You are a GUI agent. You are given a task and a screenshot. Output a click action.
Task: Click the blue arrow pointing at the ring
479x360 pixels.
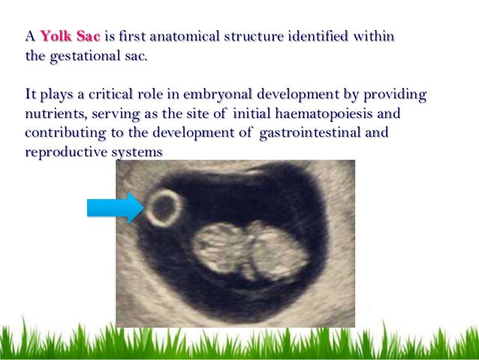[115, 207]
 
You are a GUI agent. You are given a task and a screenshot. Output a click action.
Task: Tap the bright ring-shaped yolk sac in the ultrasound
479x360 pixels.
[164, 207]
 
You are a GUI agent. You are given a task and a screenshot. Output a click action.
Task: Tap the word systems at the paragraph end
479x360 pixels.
[137, 153]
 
